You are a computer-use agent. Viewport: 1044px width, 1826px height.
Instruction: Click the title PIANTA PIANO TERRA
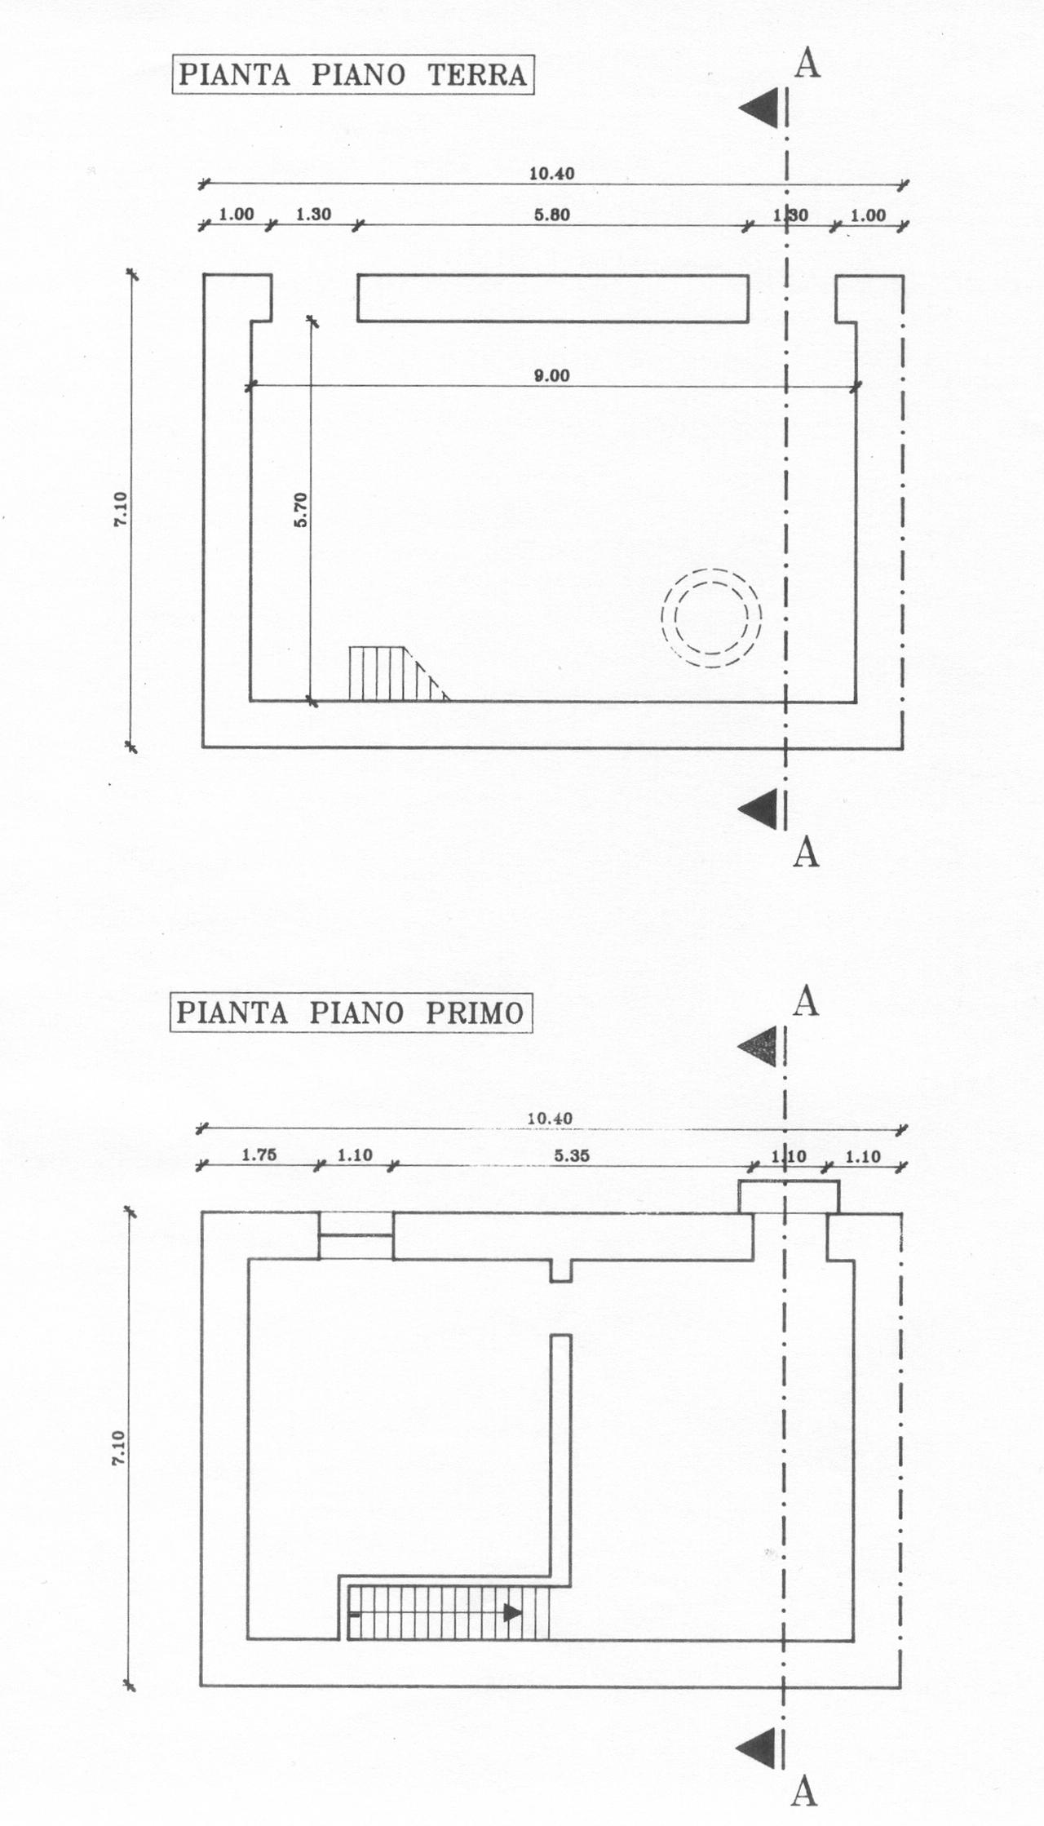pyautogui.click(x=352, y=75)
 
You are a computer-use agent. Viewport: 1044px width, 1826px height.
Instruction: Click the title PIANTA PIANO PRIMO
pyautogui.click(x=350, y=1013)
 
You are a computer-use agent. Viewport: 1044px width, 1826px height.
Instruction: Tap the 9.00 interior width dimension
pyautogui.click(x=551, y=377)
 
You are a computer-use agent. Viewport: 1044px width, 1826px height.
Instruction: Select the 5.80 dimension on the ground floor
pyautogui.click(x=551, y=215)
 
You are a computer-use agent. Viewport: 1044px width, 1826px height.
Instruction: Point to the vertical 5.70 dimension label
pyautogui.click(x=301, y=510)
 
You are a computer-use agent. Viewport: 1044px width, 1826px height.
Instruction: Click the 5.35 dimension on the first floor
pyautogui.click(x=572, y=1155)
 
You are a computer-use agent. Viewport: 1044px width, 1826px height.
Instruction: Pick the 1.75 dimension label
pyautogui.click(x=259, y=1155)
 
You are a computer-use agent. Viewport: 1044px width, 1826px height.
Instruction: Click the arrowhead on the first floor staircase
pyautogui.click(x=513, y=1613)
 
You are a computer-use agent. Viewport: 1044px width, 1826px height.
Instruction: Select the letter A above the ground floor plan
pyautogui.click(x=806, y=63)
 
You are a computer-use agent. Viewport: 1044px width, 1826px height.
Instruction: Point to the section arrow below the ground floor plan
pyautogui.click(x=759, y=809)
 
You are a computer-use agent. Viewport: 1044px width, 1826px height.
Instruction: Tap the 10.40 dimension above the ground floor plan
pyautogui.click(x=551, y=173)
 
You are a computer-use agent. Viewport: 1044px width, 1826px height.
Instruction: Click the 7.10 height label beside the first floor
pyautogui.click(x=119, y=1448)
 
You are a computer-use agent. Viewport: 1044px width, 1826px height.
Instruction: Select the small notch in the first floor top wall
pyautogui.click(x=560, y=1270)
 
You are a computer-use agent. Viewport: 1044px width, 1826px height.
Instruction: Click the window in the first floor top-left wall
pyautogui.click(x=356, y=1235)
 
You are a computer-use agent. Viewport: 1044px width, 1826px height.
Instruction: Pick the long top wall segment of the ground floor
pyautogui.click(x=553, y=298)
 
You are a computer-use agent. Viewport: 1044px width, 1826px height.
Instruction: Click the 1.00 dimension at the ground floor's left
pyautogui.click(x=237, y=215)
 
